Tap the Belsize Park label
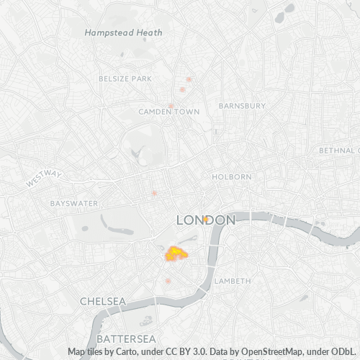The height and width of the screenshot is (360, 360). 126,77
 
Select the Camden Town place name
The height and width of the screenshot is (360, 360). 169,112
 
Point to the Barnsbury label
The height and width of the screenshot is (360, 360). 242,106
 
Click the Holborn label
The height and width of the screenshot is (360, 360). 232,176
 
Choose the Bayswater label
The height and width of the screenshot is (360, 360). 73,204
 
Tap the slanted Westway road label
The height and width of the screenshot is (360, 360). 44,179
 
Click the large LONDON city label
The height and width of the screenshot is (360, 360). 206,220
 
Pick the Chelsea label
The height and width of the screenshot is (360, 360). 103,300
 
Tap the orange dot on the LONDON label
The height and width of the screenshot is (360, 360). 205,218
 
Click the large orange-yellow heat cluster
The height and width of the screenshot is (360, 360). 175,253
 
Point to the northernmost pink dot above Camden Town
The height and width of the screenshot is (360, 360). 189,79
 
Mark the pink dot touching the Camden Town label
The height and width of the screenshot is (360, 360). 182,90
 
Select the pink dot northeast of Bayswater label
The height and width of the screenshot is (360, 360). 154,193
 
